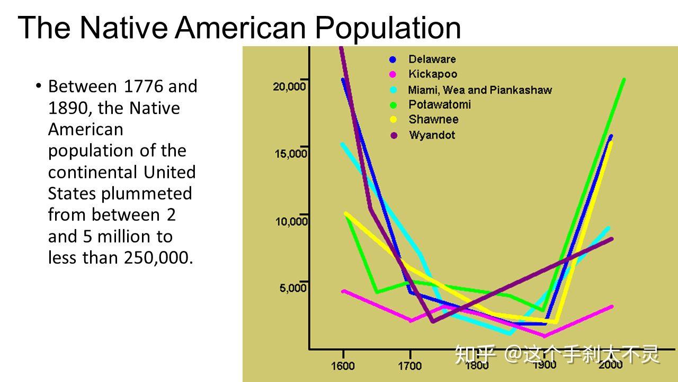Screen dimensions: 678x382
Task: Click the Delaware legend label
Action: [432, 59]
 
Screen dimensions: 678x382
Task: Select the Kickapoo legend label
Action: [433, 74]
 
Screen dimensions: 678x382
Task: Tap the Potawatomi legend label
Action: [440, 105]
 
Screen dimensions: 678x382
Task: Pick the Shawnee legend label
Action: [433, 119]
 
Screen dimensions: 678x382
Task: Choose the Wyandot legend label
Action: [432, 135]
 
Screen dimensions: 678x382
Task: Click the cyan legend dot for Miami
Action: [393, 90]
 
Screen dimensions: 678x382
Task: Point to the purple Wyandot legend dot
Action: [394, 135]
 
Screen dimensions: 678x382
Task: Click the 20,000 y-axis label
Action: [289, 86]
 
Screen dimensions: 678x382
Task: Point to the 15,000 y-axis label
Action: [291, 154]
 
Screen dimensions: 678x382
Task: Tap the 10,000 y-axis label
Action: [291, 222]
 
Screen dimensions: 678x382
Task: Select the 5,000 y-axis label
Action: [293, 288]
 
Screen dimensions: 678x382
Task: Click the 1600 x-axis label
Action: [343, 366]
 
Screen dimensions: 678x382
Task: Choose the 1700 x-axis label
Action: [410, 366]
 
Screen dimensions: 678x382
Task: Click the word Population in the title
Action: [388, 29]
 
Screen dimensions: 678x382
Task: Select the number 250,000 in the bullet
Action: [158, 258]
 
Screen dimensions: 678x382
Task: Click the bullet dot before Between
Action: [38, 85]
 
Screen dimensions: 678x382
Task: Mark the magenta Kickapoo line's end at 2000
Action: [611, 307]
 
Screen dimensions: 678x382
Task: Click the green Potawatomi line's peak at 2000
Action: [624, 80]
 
